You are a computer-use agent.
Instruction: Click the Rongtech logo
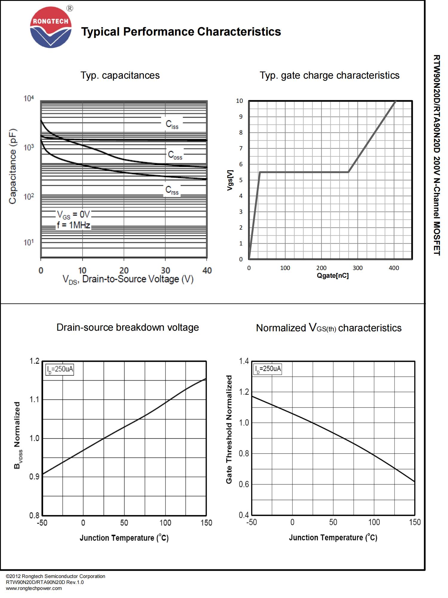coord(51,28)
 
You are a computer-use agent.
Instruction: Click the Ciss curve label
coord(172,124)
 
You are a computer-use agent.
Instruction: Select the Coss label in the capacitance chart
coord(175,155)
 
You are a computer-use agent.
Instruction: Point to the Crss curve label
coord(172,190)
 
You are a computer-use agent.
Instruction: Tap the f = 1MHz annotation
coord(73,225)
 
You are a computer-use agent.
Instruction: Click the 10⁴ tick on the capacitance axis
coord(29,98)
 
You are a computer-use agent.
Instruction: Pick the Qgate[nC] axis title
coord(333,276)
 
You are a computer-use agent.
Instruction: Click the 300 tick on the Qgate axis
coord(358,268)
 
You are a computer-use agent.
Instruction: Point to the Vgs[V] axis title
coord(230,180)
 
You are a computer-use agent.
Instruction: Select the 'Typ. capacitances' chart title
coord(120,75)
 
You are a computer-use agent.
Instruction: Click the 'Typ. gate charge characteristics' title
coord(329,75)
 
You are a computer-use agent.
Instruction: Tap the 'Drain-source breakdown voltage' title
coord(128,327)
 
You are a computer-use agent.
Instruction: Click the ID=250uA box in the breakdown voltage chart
coord(59,370)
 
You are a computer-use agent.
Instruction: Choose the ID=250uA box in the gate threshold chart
coord(268,369)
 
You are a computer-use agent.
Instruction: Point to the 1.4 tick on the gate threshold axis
coord(244,361)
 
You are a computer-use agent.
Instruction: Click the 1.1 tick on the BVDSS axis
coord(34,400)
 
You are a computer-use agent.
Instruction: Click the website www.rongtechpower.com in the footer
coord(34,588)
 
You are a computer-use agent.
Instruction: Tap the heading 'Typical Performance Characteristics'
coord(181,32)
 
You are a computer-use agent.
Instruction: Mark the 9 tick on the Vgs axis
coord(241,117)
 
